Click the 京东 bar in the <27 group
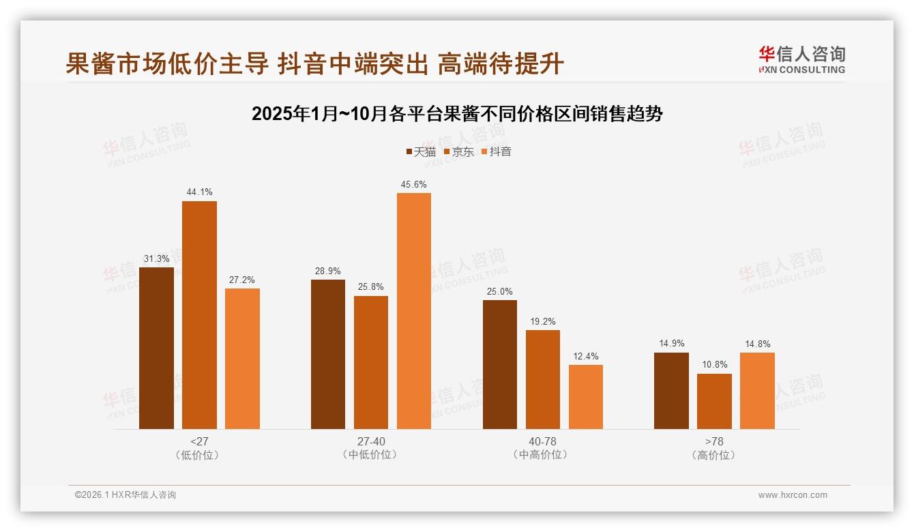pos(199,314)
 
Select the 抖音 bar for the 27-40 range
pos(414,310)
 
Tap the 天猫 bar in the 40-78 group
pos(500,364)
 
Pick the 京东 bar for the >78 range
pos(714,401)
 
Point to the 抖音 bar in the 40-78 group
pos(586,396)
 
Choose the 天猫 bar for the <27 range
pos(156,348)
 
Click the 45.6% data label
pos(414,185)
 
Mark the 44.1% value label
pos(199,192)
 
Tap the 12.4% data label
pos(586,356)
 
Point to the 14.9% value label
pos(671,344)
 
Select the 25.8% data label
pos(371,287)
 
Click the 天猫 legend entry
pos(421,152)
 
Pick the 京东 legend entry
pos(458,152)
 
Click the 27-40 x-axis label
pos(371,441)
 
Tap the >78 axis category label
pos(714,441)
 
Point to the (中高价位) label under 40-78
pos(543,455)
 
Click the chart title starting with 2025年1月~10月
pos(457,114)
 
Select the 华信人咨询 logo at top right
pos(801,60)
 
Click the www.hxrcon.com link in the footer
pos(793,495)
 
